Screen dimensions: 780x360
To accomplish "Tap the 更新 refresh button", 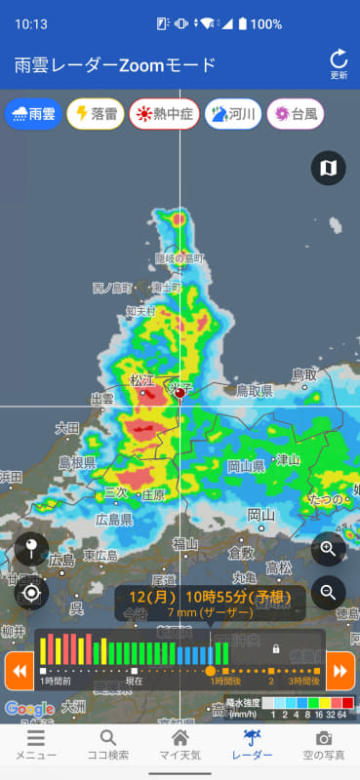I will [339, 63].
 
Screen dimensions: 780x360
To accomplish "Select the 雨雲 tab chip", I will [32, 114].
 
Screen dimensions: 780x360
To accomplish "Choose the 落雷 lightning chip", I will [94, 114].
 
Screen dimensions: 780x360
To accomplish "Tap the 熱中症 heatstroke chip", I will [163, 114].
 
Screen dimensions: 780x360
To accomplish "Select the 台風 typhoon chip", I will [296, 114].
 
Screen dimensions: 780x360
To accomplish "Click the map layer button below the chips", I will [328, 168].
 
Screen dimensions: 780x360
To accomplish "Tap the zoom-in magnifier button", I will [328, 549].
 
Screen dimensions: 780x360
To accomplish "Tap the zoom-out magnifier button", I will [328, 591].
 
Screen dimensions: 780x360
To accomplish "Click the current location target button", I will [31, 592].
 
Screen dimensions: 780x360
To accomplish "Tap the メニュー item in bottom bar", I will [35, 746].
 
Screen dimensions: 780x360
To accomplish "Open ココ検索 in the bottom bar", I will [107, 746].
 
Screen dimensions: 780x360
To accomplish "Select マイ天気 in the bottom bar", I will [180, 746].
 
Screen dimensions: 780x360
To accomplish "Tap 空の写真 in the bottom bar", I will [323, 746].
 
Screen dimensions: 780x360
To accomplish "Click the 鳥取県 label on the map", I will [254, 391].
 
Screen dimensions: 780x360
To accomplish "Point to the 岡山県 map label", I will [246, 467].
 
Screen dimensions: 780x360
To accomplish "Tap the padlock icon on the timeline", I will [276, 648].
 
